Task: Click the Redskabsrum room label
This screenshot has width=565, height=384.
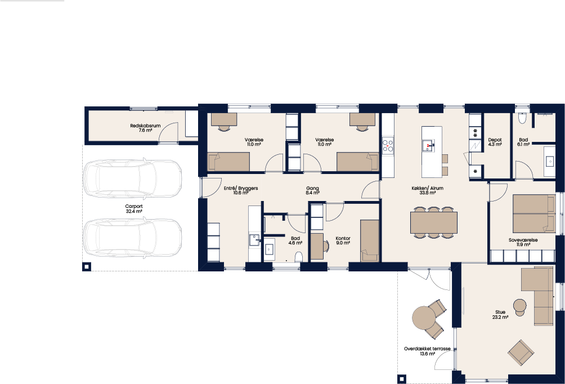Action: point(145,126)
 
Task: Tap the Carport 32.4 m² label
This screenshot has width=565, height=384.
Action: point(134,209)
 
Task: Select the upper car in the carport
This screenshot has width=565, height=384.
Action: point(132,179)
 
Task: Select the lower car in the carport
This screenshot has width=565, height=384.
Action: point(132,238)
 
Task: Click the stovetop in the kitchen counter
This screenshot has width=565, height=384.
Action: point(388,145)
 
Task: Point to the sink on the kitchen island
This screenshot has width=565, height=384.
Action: point(428,146)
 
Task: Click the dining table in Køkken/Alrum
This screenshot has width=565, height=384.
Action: point(433,222)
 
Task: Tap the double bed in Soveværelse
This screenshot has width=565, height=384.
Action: point(534,213)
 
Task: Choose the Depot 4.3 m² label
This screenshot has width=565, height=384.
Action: point(495,142)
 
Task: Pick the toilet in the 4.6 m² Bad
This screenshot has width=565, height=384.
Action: point(298,257)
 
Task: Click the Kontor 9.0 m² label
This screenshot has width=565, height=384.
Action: point(343,240)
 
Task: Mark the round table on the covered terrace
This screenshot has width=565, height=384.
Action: point(424,318)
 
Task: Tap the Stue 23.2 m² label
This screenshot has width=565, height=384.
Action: point(500,314)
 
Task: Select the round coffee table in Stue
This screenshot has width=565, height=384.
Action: point(519,305)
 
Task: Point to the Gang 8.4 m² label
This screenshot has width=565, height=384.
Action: point(312,190)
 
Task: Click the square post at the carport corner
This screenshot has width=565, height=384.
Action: point(87,267)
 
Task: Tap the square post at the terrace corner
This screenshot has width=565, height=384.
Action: point(402,379)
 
